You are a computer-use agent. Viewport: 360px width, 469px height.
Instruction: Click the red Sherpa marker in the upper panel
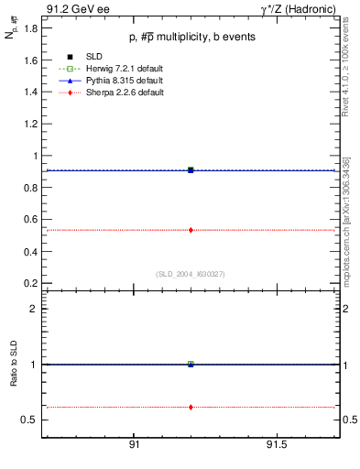tap(191, 230)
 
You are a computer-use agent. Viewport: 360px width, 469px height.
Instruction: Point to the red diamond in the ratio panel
tap(191, 407)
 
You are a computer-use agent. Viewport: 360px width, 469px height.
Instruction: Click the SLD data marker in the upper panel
tap(191, 169)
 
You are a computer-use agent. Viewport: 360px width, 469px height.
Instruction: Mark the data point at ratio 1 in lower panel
tap(191, 364)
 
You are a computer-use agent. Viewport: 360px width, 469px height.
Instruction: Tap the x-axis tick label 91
tap(134, 445)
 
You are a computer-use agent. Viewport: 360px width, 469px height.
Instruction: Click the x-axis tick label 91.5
tap(277, 445)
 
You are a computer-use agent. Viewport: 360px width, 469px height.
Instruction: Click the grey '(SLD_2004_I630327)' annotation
tap(191, 273)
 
